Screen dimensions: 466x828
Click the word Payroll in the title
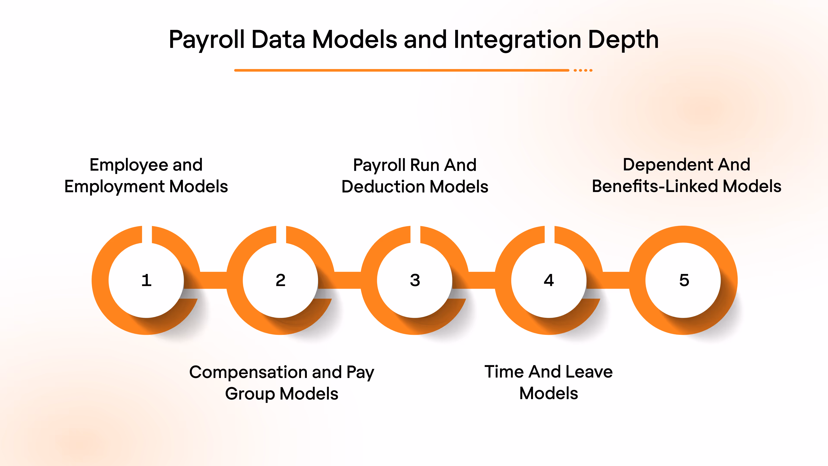pos(207,40)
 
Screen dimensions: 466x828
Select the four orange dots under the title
pos(583,70)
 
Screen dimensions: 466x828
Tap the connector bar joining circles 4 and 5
pos(616,280)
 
